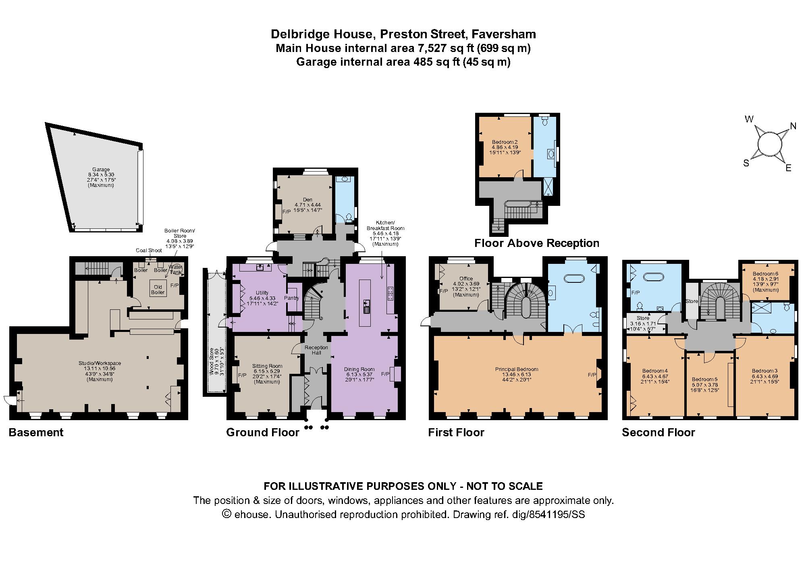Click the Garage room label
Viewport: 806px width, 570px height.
coord(101,170)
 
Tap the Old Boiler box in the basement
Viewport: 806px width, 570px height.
coord(158,290)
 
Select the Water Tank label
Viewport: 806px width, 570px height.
coord(175,269)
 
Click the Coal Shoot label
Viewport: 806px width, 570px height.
coord(149,250)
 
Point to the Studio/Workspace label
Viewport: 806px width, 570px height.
coord(100,363)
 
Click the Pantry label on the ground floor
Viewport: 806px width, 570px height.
coord(291,298)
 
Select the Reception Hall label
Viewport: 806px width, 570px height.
coord(316,350)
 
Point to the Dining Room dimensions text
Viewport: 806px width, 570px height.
coord(359,377)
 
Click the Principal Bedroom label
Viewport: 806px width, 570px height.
coord(517,369)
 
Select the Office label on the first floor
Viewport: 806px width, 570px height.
coord(466,278)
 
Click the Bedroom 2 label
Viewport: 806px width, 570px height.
coord(505,142)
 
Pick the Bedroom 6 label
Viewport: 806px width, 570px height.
coord(765,274)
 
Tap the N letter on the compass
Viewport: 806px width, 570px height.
coord(793,126)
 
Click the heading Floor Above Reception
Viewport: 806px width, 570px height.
coord(536,243)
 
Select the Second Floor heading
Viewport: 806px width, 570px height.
coord(658,433)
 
